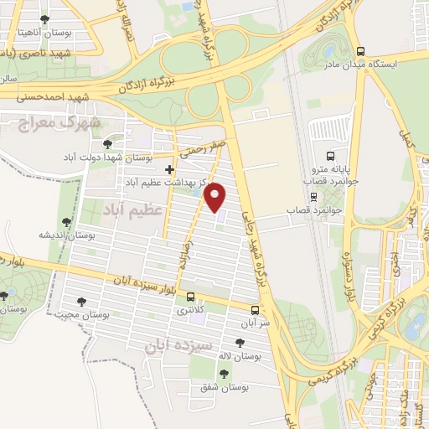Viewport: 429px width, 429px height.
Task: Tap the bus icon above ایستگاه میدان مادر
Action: tap(361, 51)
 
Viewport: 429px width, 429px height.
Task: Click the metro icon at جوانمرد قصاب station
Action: tap(313, 198)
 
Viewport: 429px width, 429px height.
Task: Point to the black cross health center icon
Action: tap(169, 169)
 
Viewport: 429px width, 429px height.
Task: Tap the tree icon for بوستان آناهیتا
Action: tap(44, 19)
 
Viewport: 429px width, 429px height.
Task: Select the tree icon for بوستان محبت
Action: tap(81, 302)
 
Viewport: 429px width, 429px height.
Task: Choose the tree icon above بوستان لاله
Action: tap(240, 343)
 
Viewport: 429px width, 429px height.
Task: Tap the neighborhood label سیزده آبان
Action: tap(179, 344)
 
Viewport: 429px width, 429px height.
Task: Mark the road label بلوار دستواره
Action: tap(345, 273)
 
